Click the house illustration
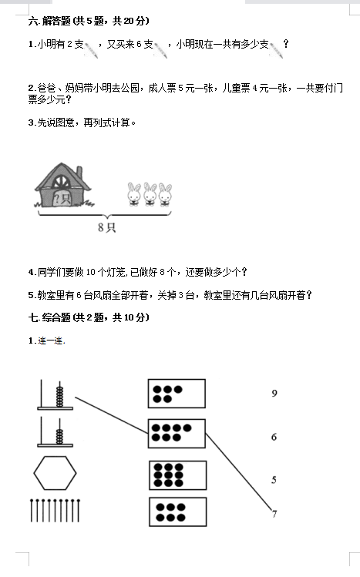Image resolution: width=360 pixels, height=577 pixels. [63, 185]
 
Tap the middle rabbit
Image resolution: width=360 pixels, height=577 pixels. [150, 194]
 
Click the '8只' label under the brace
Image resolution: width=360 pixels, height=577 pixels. [106, 227]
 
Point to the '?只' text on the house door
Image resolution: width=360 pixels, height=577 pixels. [62, 199]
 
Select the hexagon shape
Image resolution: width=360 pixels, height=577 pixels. [55, 473]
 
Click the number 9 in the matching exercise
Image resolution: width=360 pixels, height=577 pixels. [274, 394]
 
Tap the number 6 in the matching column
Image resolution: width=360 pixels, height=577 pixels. [274, 437]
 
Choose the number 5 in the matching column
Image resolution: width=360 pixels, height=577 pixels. [274, 480]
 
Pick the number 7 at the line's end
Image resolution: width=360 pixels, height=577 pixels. [274, 514]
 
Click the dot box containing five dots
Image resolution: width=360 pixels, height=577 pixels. [177, 394]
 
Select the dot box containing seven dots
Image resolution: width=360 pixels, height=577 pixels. [177, 434]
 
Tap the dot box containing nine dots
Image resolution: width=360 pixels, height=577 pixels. [178, 475]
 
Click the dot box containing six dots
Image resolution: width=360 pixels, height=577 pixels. [178, 512]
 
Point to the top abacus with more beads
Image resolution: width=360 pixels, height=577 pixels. [56, 394]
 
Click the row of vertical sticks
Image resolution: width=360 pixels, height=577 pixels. [55, 511]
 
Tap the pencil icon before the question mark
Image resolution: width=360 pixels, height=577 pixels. [276, 49]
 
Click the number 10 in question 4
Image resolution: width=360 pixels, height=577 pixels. [91, 272]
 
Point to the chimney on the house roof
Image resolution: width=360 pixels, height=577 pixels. [79, 173]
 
